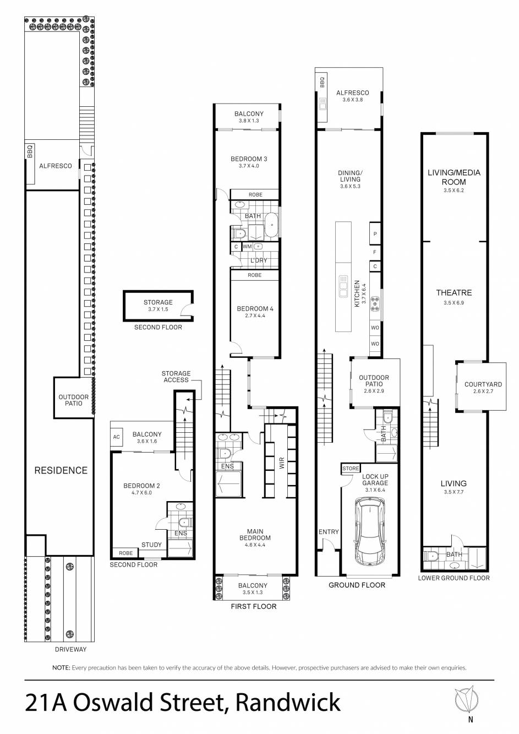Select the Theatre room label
tap(454, 293)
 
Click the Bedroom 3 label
tap(249, 159)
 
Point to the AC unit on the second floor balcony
tap(116, 437)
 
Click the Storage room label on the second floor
tap(158, 302)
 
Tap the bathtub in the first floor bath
tap(272, 224)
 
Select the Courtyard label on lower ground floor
tap(483, 385)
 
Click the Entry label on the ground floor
tap(329, 532)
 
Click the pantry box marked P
tap(375, 234)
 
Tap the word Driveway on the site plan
tap(70, 649)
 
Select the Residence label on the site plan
tap(61, 470)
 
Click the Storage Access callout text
tap(176, 377)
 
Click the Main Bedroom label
tap(255, 535)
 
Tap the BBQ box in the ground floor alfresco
tap(322, 82)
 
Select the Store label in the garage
tap(350, 469)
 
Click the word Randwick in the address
tap(288, 703)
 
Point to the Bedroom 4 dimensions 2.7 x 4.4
tap(255, 316)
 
